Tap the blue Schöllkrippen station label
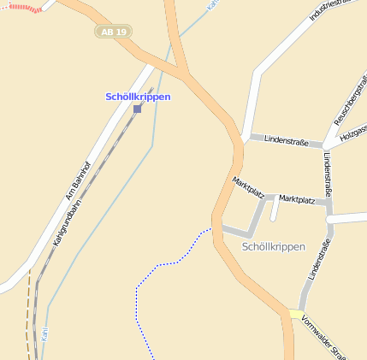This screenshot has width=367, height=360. [138, 97]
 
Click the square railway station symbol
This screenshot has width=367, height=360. [137, 109]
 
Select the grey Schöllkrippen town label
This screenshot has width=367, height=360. [273, 246]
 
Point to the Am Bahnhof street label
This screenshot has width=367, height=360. [78, 175]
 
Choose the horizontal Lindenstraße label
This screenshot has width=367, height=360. [286, 139]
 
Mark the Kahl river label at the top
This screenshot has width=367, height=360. [211, 5]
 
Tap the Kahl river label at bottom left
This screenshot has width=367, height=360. [44, 332]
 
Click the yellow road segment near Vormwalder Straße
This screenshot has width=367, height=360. [295, 314]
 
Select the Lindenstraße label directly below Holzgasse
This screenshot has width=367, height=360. [328, 176]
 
